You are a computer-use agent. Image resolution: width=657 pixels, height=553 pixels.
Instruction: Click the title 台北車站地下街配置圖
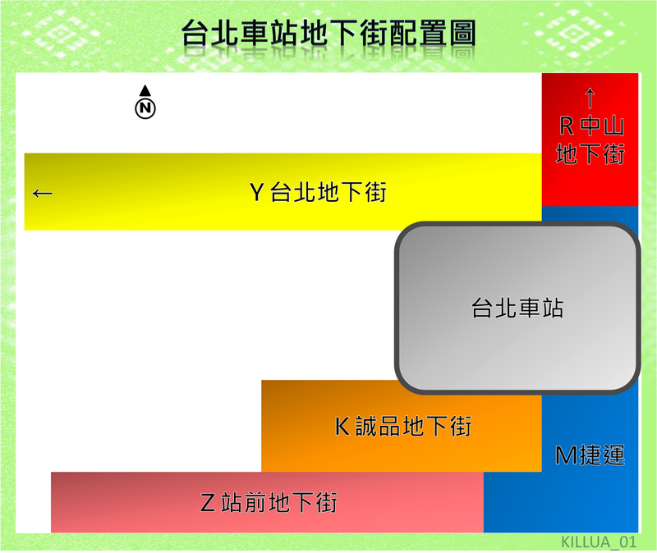(x=329, y=33)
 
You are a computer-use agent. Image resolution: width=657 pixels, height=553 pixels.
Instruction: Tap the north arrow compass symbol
(x=145, y=103)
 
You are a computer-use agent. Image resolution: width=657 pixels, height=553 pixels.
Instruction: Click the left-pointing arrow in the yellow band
(x=43, y=193)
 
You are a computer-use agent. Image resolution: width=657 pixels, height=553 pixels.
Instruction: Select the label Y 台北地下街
(x=318, y=192)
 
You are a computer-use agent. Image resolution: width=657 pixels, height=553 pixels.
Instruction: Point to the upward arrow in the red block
(x=590, y=98)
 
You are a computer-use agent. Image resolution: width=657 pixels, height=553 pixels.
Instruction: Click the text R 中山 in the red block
(x=591, y=126)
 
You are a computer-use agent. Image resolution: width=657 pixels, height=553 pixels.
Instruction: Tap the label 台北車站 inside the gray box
(x=517, y=308)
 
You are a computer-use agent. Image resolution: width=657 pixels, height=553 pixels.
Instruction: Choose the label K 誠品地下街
(x=403, y=426)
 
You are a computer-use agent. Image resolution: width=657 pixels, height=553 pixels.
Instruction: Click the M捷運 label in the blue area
(x=590, y=455)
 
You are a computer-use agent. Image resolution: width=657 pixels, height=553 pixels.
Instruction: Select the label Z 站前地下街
(x=269, y=502)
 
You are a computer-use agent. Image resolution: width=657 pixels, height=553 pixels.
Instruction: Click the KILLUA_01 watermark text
(x=599, y=542)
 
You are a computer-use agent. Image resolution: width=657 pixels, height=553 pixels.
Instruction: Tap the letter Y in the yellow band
(x=256, y=193)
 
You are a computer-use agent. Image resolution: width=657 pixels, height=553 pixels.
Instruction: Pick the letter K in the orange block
(x=342, y=427)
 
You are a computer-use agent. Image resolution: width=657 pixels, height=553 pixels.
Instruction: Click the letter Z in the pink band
(x=208, y=503)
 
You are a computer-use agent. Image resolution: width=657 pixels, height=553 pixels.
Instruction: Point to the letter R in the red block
(x=567, y=126)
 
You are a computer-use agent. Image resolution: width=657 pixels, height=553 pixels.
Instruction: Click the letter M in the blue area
(x=565, y=455)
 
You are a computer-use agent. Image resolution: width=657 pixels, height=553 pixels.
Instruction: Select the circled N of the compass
(x=145, y=108)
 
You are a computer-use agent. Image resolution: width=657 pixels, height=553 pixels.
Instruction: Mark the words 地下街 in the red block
(x=590, y=153)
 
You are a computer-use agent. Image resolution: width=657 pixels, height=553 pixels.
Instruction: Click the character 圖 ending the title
(x=462, y=33)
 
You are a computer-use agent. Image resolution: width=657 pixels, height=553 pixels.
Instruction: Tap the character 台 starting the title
(x=195, y=33)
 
